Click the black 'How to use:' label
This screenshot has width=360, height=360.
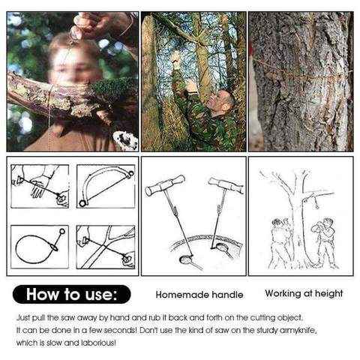pyautogui.click(x=72, y=294)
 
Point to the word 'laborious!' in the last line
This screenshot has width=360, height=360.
pyautogui.click(x=99, y=343)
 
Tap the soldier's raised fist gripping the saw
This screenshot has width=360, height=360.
pyautogui.click(x=176, y=59)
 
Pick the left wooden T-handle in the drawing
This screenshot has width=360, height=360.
pyautogui.click(x=165, y=184)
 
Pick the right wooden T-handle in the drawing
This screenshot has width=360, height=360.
pyautogui.click(x=226, y=185)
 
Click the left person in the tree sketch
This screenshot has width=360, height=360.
pyautogui.click(x=281, y=243)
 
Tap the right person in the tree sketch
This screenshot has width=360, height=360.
pyautogui.click(x=325, y=242)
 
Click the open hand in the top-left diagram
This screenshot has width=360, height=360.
pyautogui.click(x=40, y=186)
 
